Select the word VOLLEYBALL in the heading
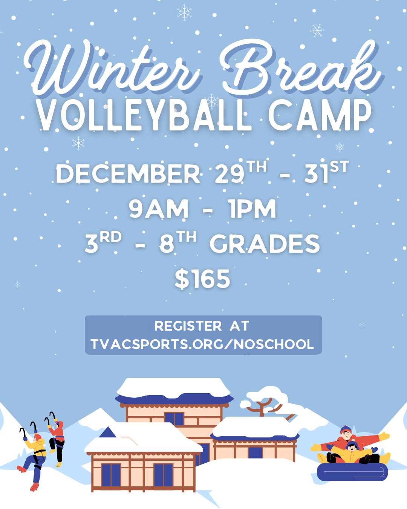point(143,115)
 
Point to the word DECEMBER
point(128,174)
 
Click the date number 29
point(229,174)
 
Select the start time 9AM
point(158,209)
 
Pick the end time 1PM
point(252,209)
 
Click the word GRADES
point(265,244)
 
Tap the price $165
point(202,279)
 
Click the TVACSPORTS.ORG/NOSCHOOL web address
point(202,344)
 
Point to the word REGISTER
point(188,326)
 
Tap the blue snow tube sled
point(352,472)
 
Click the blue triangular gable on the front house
point(108,432)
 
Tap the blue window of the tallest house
point(174,419)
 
